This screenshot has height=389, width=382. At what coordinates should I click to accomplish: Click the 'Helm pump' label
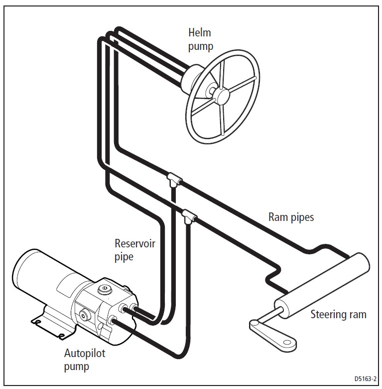pos(200,40)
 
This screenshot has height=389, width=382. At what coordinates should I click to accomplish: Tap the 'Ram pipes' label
pos(291,217)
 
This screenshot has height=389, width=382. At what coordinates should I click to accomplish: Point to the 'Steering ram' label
pos(338,315)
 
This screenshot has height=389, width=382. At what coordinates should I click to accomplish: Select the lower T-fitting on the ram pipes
pos(189,216)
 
